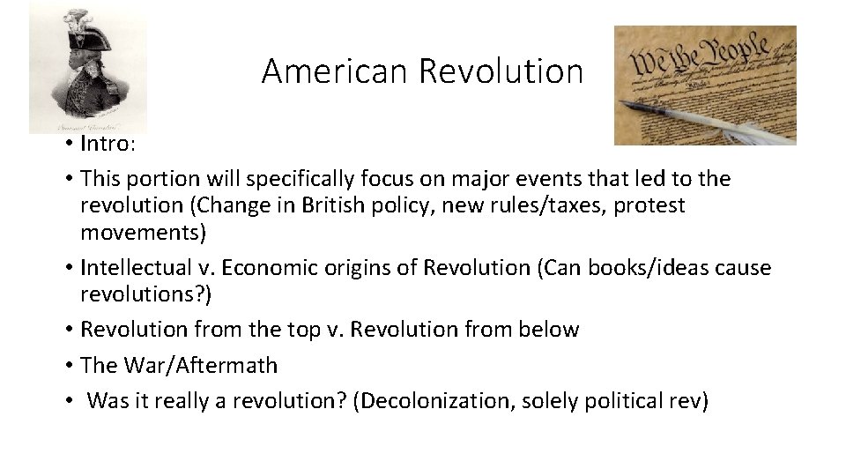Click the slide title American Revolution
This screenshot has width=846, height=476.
[x=422, y=71]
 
